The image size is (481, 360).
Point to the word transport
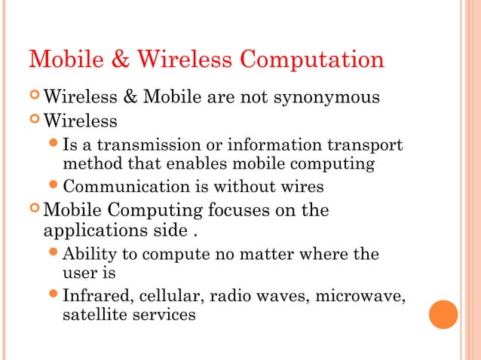pos(369,145)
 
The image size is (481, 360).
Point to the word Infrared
pos(96,296)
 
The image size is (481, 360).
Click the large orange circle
pos(443,314)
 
